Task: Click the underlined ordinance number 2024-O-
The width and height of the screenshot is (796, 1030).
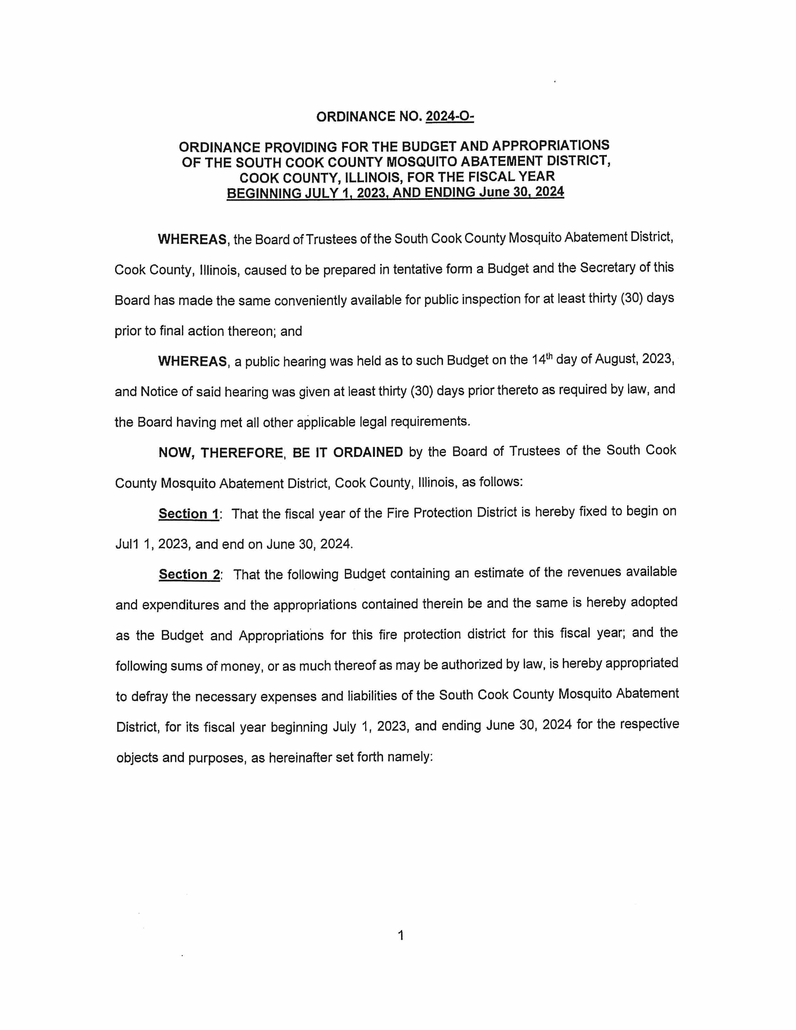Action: [x=450, y=116]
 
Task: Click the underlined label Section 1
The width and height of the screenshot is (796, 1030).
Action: [x=189, y=513]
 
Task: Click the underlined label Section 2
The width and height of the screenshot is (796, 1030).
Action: [x=189, y=574]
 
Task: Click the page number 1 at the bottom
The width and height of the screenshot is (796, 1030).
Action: [x=401, y=935]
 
